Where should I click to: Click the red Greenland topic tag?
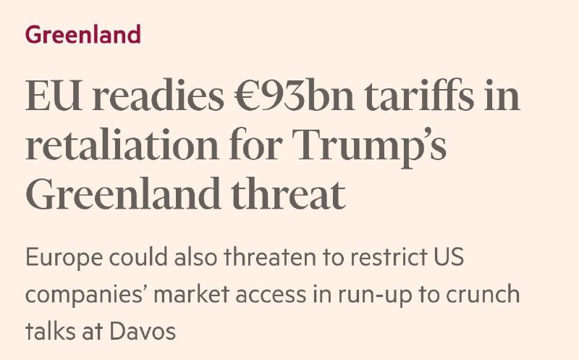(x=83, y=35)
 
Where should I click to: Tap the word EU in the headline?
(x=49, y=96)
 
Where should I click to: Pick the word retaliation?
(x=123, y=148)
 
